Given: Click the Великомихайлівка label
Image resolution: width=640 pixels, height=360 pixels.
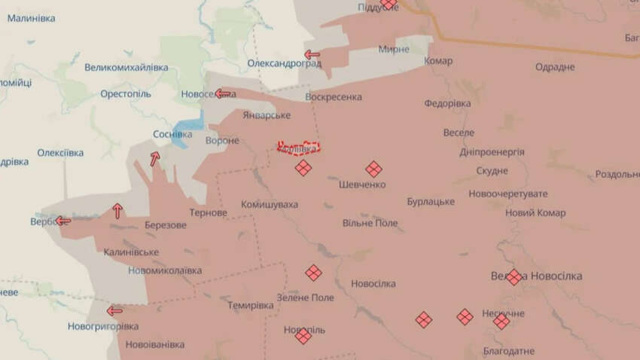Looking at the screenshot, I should [126, 68].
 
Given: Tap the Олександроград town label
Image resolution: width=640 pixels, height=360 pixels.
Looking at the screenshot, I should [284, 63].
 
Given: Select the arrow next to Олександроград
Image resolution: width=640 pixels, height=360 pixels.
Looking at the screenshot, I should [312, 54].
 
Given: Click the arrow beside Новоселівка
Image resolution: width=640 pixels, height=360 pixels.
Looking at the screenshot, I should [222, 94].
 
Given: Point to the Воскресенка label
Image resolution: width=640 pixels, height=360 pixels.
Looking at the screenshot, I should [334, 97].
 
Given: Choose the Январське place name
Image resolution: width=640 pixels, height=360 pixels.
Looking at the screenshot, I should [267, 115].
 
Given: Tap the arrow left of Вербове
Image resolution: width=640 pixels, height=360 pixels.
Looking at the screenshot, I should [63, 221].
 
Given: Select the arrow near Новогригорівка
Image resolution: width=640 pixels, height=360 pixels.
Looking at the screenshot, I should [114, 310].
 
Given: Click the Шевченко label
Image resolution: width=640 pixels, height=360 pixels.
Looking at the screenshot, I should [362, 185].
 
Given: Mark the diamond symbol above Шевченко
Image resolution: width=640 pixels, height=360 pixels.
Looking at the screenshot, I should [373, 169].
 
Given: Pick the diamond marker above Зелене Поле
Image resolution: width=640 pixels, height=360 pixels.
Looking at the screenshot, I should [313, 273].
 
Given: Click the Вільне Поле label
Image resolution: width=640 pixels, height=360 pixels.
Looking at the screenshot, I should [370, 224].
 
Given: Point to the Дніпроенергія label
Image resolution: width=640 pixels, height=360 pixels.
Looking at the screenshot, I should [492, 152].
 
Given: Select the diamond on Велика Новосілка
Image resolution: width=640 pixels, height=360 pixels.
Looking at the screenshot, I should [514, 276].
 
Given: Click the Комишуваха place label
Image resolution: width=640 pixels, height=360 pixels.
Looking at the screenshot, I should [270, 205].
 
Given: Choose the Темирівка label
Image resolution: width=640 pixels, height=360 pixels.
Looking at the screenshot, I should [251, 306].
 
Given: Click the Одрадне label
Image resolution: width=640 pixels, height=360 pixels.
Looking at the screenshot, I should [555, 68].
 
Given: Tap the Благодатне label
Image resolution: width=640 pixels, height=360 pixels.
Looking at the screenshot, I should [509, 351].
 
